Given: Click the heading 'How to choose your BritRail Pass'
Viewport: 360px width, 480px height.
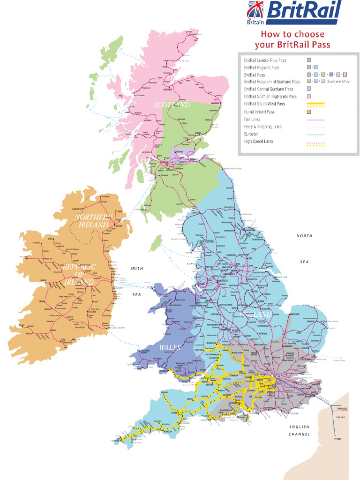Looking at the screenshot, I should [x=292, y=40].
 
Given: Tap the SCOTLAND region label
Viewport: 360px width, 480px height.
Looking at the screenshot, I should [x=172, y=105].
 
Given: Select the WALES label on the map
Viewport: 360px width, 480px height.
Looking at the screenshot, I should [x=170, y=347].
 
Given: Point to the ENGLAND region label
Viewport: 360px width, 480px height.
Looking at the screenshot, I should [x=255, y=314].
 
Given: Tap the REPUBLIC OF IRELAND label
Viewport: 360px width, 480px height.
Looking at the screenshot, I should [x=79, y=274].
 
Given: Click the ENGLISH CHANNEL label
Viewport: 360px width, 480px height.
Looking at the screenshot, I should [x=299, y=431].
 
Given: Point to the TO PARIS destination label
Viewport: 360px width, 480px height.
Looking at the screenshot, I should [x=337, y=439].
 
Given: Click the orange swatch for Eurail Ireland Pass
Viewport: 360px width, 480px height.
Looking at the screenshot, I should [x=309, y=112].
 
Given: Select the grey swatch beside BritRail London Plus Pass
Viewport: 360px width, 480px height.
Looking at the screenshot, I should [x=309, y=60].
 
